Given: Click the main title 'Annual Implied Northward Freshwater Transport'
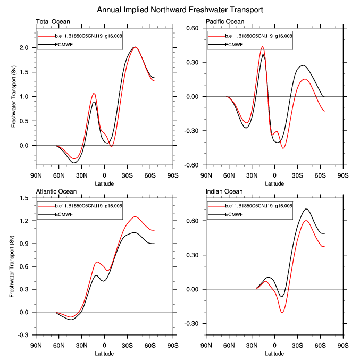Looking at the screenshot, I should coord(180,10).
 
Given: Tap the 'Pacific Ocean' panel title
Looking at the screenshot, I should coord(225,22).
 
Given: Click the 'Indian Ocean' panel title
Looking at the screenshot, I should coord(224,191).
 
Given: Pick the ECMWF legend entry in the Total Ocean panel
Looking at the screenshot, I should coord(63,44).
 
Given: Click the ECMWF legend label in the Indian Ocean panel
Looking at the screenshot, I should coord(233,214).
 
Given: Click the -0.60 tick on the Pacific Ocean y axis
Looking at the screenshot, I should coord(191,165).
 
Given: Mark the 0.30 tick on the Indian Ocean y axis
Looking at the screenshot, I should coord(192,255).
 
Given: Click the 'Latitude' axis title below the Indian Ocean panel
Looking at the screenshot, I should coord(274,353).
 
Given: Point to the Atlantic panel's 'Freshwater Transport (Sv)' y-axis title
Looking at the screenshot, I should coord(12,266).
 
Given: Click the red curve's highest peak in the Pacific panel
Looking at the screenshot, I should coord(262,47).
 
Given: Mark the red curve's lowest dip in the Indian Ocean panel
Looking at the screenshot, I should coord(282,312).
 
